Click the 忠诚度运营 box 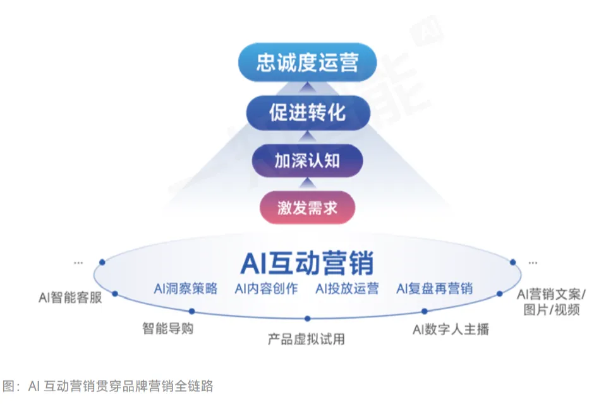click(307, 62)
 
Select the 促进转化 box click(307, 113)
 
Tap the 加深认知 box click(307, 160)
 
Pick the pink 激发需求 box click(307, 208)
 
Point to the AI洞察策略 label click(186, 288)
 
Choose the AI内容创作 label click(267, 288)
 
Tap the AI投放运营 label click(347, 288)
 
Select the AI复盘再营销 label click(435, 288)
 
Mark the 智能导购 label click(168, 329)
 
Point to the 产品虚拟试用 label click(306, 339)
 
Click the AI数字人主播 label click(451, 329)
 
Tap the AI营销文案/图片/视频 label click(548, 302)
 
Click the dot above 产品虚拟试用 click(308, 319)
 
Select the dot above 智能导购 click(192, 310)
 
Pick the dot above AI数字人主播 click(425, 310)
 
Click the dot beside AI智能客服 click(115, 293)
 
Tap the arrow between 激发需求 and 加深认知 click(307, 183)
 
